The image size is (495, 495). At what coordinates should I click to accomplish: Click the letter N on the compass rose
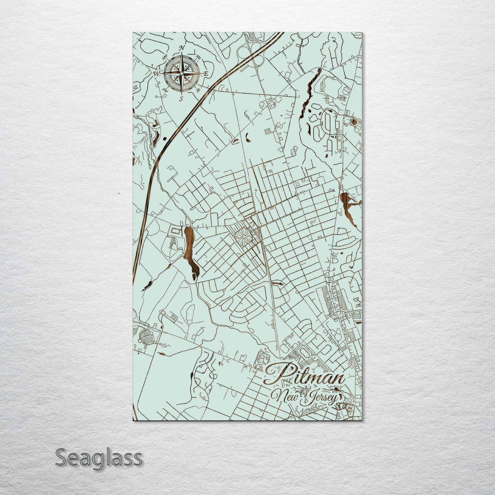182,48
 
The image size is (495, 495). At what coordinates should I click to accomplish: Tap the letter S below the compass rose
182,99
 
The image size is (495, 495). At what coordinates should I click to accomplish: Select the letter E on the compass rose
206,74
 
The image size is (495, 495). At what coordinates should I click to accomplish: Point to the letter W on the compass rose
157,73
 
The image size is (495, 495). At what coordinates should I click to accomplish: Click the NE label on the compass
198,57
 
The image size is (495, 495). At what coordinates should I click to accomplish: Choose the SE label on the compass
198,90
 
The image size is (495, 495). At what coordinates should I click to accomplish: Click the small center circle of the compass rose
182,73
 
